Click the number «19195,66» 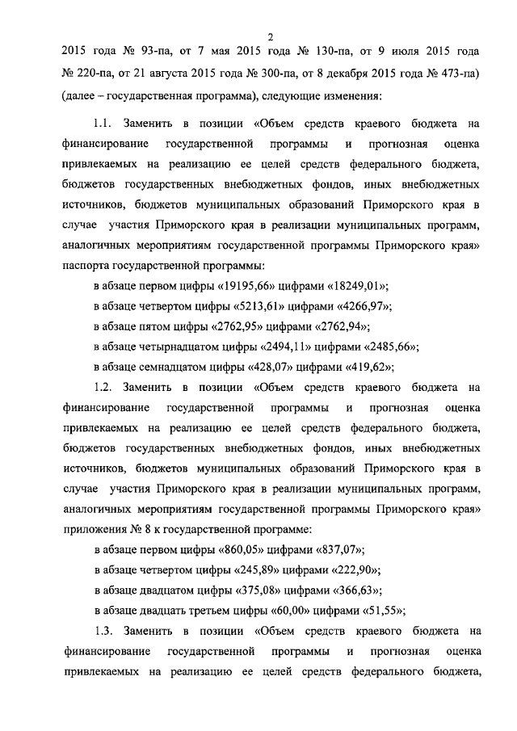click(x=258, y=286)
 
